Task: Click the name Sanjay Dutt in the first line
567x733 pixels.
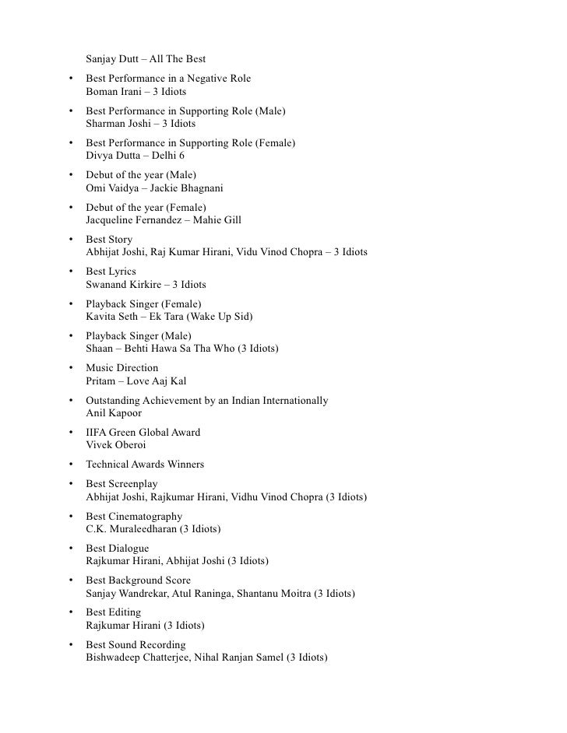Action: pyautogui.click(x=112, y=59)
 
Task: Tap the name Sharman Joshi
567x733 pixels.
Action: pyautogui.click(x=118, y=124)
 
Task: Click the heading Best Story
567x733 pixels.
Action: pyautogui.click(x=109, y=240)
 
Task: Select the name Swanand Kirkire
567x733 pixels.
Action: pyautogui.click(x=123, y=285)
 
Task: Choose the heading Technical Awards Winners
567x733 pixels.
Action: pyautogui.click(x=145, y=465)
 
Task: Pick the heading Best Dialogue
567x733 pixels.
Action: pyautogui.click(x=117, y=548)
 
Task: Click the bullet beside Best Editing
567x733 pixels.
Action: pyautogui.click(x=71, y=613)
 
